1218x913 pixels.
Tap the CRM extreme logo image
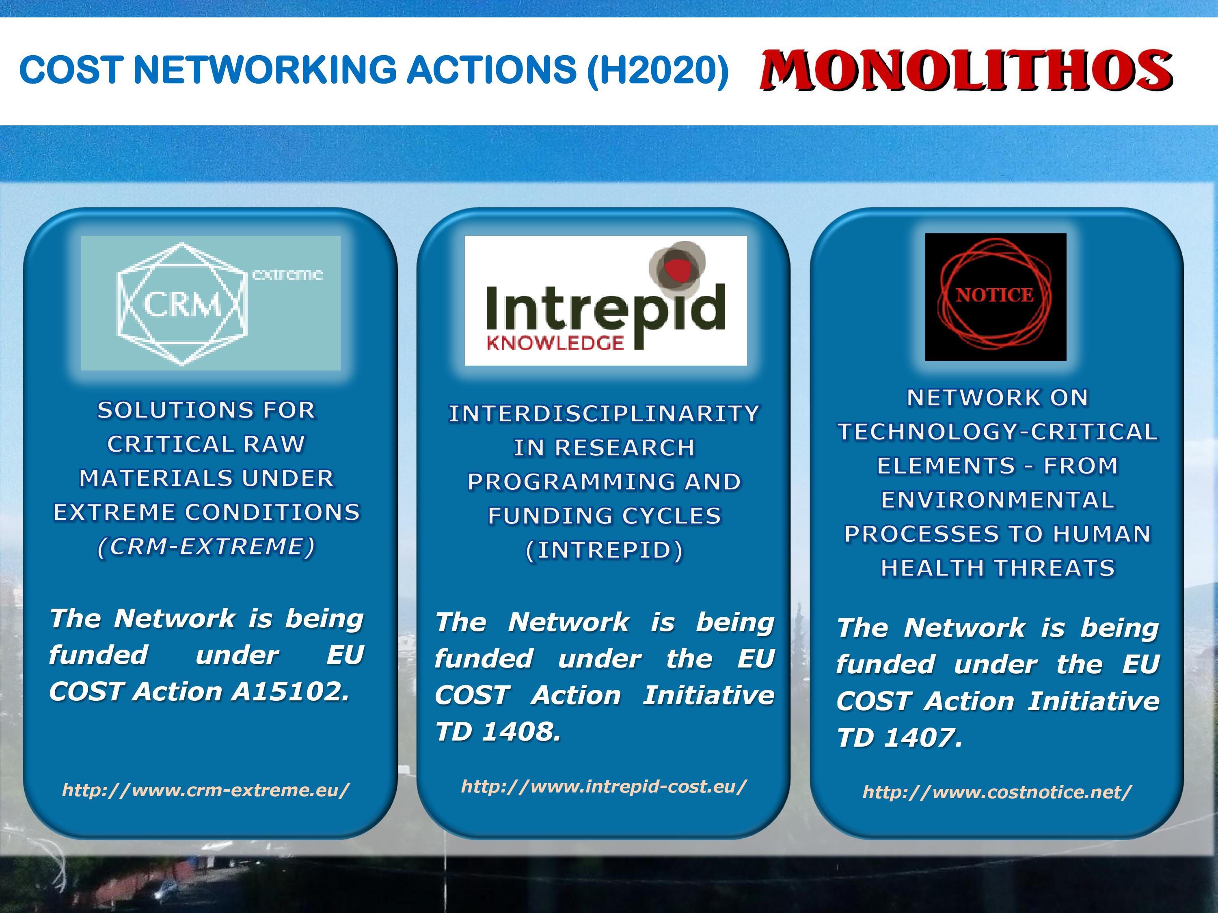click(210, 303)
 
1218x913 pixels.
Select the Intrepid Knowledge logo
click(606, 301)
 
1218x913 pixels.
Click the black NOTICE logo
click(996, 297)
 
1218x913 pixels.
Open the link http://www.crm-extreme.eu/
click(206, 790)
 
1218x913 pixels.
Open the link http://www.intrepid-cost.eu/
click(604, 786)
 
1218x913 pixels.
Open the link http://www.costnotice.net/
click(997, 792)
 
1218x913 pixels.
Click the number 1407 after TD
click(923, 737)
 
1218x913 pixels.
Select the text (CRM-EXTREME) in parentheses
click(206, 547)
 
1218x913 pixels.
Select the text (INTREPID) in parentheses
click(604, 550)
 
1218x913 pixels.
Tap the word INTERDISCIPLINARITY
click(604, 414)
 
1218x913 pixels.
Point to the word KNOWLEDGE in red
click(555, 343)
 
